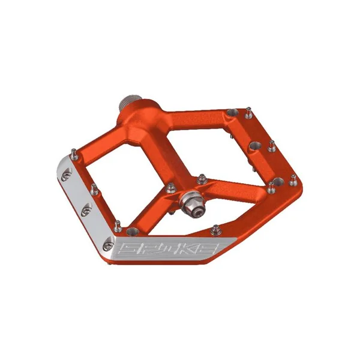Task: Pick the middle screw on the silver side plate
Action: pyautogui.click(x=86, y=209)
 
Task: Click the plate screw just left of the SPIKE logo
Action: pyautogui.click(x=107, y=245)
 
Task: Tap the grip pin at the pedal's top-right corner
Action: pyautogui.click(x=248, y=113)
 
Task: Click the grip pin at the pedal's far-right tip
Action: pyautogui.click(x=293, y=180)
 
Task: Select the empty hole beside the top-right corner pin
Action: pyautogui.click(x=232, y=113)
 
